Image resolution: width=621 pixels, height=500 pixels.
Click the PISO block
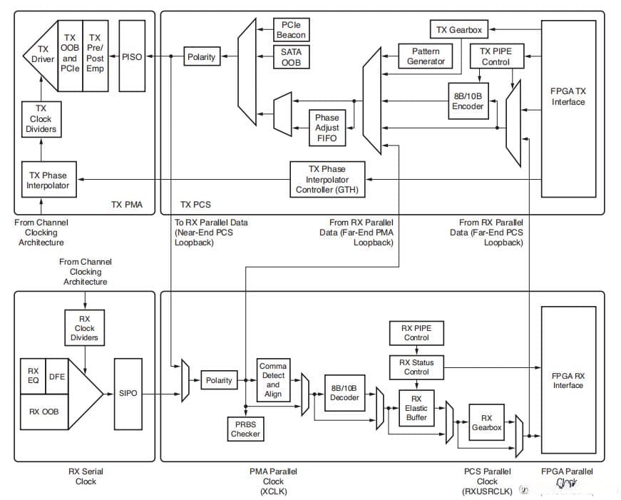132,57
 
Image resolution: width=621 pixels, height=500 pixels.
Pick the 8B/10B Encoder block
467,101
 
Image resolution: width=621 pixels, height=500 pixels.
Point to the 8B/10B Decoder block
345,393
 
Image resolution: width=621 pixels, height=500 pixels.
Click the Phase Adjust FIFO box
327,127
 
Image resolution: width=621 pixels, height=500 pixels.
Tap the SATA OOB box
291,56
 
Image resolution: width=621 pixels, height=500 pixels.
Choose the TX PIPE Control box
496,56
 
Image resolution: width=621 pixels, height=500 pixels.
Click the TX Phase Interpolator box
48,180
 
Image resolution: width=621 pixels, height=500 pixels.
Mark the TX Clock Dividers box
41,119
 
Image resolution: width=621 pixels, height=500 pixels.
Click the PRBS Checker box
245,429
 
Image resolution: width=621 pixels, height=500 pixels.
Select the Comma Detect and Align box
273,379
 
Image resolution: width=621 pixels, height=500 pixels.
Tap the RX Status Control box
416,367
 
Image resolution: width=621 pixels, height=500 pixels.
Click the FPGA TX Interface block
568,96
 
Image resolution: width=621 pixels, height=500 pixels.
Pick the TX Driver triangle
40,56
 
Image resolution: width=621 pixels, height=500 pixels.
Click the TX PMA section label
126,205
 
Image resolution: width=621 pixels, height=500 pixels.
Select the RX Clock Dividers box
85,328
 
